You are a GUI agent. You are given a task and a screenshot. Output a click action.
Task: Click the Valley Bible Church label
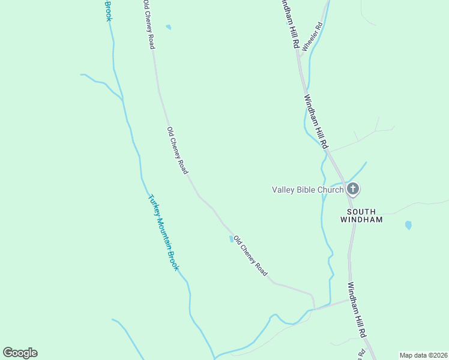tap(308, 190)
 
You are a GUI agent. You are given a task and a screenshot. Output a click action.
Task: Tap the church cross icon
tap(353, 190)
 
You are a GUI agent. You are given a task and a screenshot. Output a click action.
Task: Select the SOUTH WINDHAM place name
tap(365, 216)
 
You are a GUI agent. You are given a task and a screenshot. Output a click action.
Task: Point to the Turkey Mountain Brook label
tap(163, 232)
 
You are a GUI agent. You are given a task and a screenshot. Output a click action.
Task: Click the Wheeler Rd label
tap(313, 37)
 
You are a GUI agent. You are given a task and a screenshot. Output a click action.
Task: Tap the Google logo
tap(20, 353)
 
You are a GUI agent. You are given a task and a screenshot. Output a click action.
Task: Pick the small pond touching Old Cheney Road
tap(231, 239)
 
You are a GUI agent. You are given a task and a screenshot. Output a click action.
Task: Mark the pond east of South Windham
tap(408, 226)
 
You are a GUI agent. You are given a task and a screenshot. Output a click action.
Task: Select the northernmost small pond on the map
tap(169, 27)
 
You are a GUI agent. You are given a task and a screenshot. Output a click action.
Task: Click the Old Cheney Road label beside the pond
tap(250, 256)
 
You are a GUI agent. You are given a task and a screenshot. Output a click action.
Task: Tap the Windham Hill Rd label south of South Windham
tap(358, 310)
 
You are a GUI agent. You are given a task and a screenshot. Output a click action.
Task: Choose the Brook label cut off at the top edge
tap(109, 10)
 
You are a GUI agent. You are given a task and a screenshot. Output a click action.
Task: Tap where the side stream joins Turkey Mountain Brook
tap(122, 98)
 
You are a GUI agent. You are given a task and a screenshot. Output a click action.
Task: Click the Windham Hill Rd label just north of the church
tap(316, 122)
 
